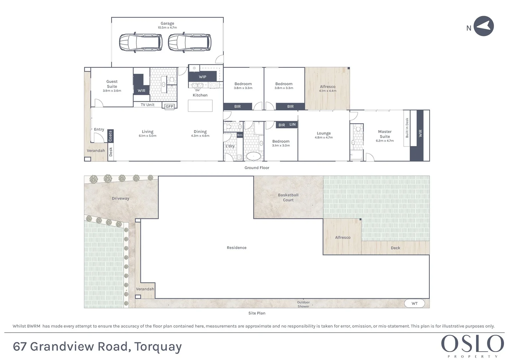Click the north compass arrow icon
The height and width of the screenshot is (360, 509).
tap(484, 26)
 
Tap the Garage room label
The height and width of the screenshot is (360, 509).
tap(167, 23)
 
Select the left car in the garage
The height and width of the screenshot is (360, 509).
tap(141, 42)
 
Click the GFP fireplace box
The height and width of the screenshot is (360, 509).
tap(169, 106)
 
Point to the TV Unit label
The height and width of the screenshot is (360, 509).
tap(147, 105)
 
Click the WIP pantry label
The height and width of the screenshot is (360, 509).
tap(202, 77)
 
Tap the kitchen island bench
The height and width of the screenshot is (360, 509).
tap(200, 106)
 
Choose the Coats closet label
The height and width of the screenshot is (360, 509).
tap(110, 136)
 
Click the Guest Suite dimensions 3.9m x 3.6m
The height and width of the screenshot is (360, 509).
tap(112, 91)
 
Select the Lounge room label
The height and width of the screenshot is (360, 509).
tap(324, 133)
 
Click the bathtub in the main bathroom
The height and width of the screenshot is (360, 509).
tap(253, 156)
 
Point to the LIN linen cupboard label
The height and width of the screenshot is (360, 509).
tap(292, 124)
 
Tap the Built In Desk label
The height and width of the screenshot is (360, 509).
tap(407, 128)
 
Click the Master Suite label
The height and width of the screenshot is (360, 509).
tap(385, 134)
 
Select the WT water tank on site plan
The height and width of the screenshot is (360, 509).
tap(414, 303)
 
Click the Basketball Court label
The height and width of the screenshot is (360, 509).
tap(288, 197)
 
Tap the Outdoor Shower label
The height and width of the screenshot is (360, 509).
tap(303, 304)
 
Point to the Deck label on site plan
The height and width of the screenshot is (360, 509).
tap(395, 248)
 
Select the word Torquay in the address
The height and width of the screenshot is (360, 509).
tap(158, 347)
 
